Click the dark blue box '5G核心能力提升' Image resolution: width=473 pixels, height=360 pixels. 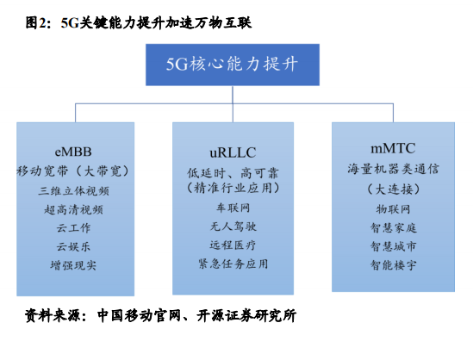233,65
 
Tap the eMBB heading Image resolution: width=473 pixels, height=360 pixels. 73,152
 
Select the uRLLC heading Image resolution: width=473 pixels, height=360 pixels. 233,152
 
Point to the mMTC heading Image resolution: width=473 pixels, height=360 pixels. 393,148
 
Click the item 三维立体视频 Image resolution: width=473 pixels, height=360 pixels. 73,190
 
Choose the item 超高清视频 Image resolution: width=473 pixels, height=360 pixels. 73,209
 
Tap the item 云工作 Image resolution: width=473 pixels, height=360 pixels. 73,228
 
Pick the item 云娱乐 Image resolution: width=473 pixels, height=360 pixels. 73,246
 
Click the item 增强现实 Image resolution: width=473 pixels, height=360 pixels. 73,265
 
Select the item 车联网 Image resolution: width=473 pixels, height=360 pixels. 233,208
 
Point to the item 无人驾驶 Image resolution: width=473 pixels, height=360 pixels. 233,227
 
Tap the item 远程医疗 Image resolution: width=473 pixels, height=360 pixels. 233,245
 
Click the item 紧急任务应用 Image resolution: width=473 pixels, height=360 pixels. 233,264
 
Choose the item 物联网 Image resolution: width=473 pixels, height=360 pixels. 394,209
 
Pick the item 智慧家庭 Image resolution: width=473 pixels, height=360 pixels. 394,227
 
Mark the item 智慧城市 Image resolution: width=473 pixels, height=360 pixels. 394,246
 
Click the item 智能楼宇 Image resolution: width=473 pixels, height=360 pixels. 394,265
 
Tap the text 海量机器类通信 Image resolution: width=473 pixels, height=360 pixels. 393,169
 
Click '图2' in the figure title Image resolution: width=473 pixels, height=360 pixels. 36,22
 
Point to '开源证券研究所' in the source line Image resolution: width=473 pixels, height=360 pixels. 246,316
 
